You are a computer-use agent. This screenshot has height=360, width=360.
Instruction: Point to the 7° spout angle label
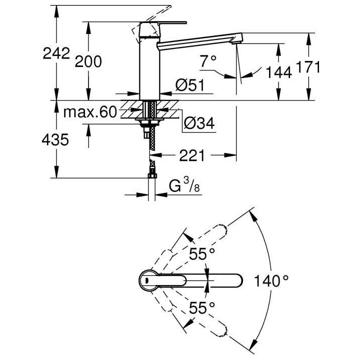(208, 61)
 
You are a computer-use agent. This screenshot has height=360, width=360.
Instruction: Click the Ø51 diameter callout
(190, 85)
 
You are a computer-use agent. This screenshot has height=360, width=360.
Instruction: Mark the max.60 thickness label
(89, 112)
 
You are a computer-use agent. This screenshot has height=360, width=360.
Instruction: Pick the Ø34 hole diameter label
(199, 123)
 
